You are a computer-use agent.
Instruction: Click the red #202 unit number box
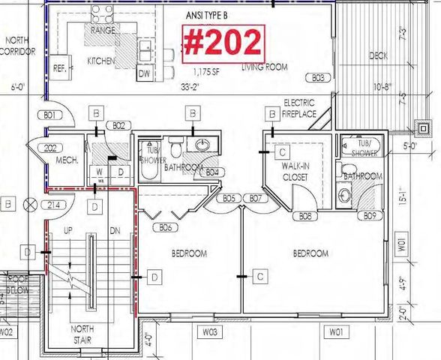point(223,43)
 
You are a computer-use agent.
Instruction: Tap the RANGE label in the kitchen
point(103,31)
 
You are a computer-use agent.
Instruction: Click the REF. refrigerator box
point(60,67)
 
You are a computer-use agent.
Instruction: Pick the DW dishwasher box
point(144,73)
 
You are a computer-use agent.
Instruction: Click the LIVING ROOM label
point(265,67)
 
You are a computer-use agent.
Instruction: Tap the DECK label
point(379,56)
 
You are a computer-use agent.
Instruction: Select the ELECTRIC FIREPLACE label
point(299,108)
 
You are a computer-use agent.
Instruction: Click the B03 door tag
point(319,77)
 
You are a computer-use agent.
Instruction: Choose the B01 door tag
point(50,115)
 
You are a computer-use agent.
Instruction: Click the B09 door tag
point(370,216)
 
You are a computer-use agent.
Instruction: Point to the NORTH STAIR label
point(87,333)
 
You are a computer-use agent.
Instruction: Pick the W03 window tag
point(210,331)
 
